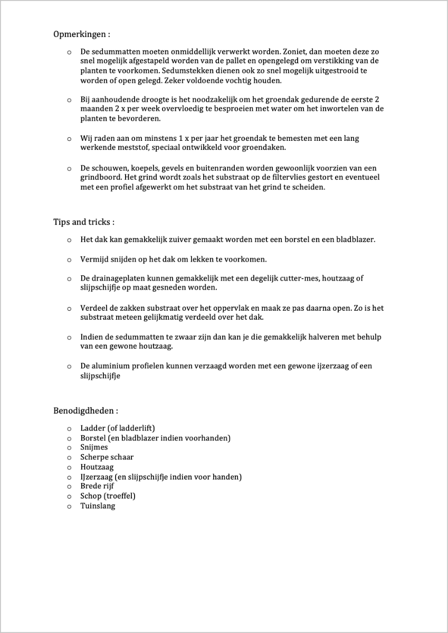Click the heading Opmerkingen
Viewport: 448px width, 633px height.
[82, 34]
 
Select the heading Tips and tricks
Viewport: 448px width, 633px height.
[84, 222]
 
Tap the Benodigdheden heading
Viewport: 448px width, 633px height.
[85, 410]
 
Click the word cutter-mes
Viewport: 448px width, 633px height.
[299, 279]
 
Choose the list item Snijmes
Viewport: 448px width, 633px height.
[94, 447]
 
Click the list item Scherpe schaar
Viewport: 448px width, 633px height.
[107, 457]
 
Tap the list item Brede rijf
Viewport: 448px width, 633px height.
[97, 486]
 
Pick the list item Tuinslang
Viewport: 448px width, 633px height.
[98, 506]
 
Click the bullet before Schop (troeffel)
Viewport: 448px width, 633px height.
[69, 496]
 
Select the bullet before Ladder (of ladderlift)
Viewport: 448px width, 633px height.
[69, 428]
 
